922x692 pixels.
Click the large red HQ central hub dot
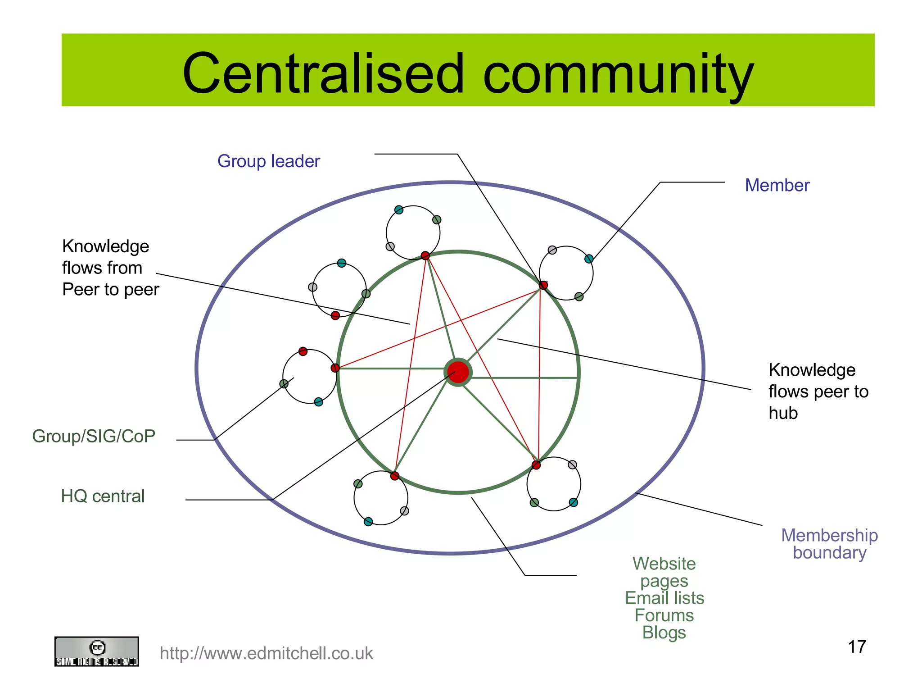pyautogui.click(x=458, y=372)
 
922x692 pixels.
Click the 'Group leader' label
pyautogui.click(x=268, y=161)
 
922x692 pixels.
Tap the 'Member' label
pyautogui.click(x=777, y=185)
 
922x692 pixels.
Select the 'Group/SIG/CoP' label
pyautogui.click(x=94, y=436)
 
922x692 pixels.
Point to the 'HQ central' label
pyautogui.click(x=103, y=496)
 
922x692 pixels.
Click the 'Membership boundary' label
pyautogui.click(x=829, y=544)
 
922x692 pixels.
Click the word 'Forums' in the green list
pyautogui.click(x=664, y=615)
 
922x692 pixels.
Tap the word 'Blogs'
pyautogui.click(x=664, y=633)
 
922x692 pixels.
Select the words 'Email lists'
pyautogui.click(x=664, y=598)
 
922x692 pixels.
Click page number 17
pyautogui.click(x=857, y=647)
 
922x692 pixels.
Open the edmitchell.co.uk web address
pyautogui.click(x=266, y=653)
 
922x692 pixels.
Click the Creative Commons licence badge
pyautogui.click(x=96, y=651)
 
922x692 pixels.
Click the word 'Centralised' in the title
pyautogui.click(x=323, y=73)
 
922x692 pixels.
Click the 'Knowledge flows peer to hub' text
pyautogui.click(x=818, y=391)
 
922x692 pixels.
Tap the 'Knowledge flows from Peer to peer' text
pyautogui.click(x=110, y=268)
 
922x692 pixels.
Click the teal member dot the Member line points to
pyautogui.click(x=589, y=259)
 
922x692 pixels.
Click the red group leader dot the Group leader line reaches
pyautogui.click(x=543, y=285)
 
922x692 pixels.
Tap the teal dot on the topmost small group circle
pyautogui.click(x=399, y=210)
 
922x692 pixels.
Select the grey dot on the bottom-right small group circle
pyautogui.click(x=572, y=464)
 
